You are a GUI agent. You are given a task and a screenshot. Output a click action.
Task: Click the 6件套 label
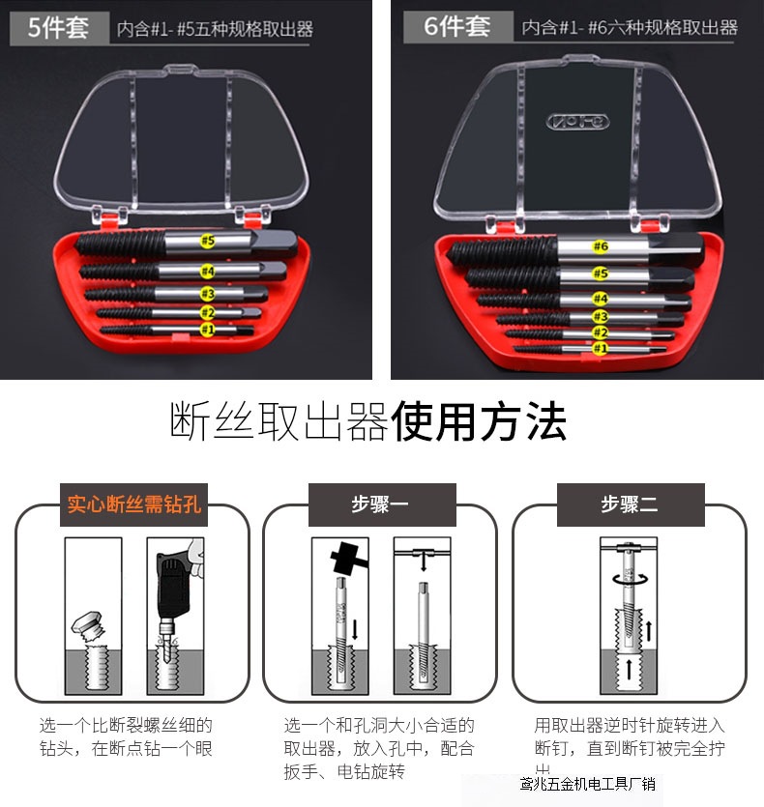(457, 26)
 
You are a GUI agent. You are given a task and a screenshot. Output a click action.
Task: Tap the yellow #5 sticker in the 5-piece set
(207, 240)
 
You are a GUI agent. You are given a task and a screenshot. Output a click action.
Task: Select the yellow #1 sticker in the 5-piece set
(206, 330)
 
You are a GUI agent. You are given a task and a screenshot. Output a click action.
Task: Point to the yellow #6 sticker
(601, 246)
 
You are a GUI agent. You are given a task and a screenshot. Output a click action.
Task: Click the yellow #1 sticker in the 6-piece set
(600, 348)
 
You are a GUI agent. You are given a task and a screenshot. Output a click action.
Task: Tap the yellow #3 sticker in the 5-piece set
(207, 293)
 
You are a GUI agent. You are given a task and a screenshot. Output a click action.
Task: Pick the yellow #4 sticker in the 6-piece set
(600, 299)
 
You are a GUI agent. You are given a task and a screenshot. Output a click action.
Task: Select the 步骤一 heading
(380, 504)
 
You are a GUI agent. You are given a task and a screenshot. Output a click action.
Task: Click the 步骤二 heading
(630, 504)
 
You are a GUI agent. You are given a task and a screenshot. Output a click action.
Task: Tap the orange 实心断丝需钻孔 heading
(133, 504)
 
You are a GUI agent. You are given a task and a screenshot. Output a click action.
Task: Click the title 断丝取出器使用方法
(368, 422)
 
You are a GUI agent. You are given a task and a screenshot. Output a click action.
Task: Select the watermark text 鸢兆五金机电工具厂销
(587, 784)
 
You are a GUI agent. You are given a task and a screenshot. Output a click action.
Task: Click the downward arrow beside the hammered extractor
(354, 629)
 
